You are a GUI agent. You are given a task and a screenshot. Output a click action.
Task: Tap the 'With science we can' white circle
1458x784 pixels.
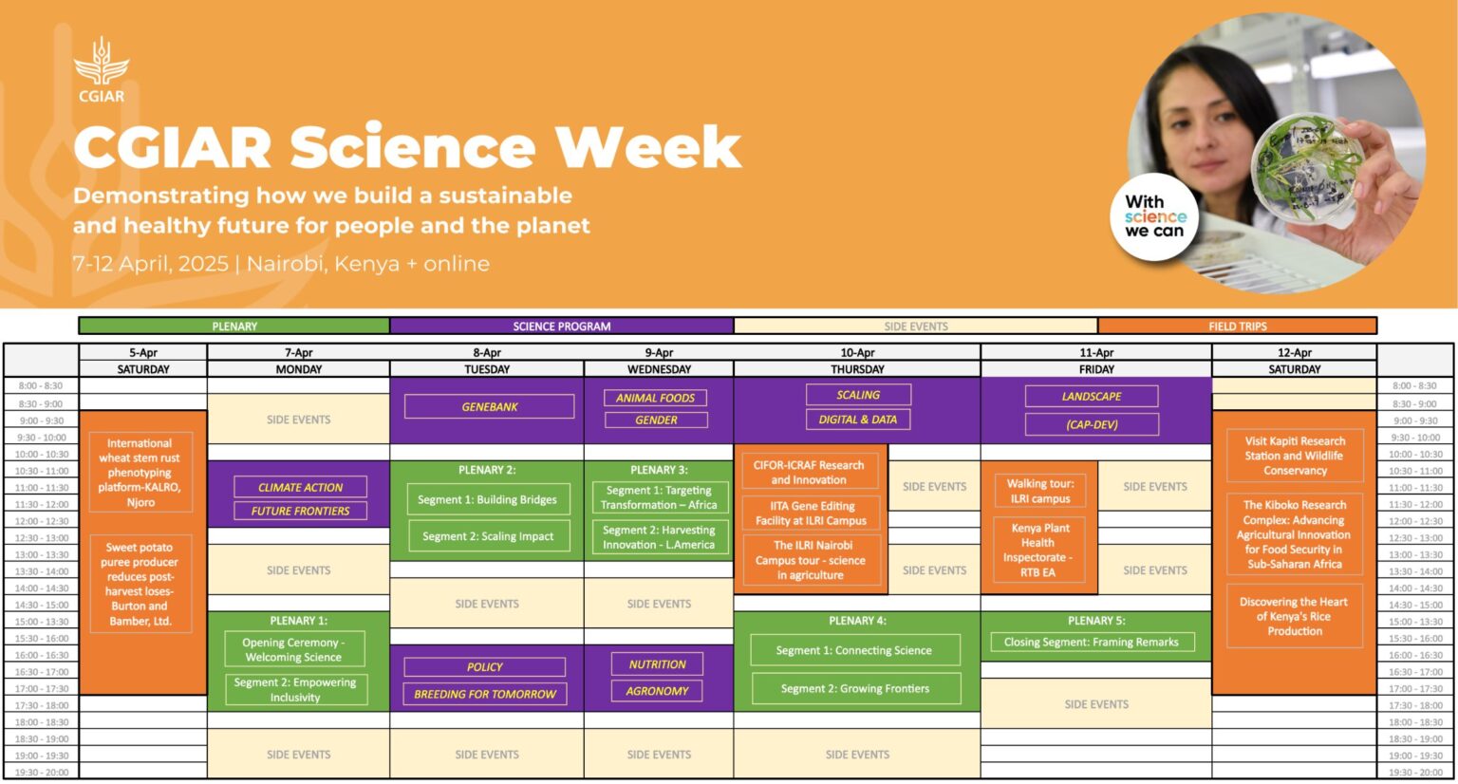click(1154, 216)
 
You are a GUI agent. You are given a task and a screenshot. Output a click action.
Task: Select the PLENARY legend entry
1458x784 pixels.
click(234, 327)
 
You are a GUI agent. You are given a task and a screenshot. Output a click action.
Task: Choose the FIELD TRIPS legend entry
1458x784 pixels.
click(1237, 327)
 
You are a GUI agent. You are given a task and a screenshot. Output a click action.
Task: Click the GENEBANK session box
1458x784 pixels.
click(489, 407)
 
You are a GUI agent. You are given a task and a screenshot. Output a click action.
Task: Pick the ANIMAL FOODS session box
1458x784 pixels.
click(656, 398)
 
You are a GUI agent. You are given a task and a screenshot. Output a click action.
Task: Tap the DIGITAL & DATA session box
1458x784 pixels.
click(857, 420)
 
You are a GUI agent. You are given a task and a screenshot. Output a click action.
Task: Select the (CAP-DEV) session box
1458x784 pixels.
click(1092, 424)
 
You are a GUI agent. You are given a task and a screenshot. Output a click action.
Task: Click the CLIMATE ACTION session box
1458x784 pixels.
click(300, 487)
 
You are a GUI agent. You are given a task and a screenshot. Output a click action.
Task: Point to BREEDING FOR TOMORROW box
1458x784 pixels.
click(484, 694)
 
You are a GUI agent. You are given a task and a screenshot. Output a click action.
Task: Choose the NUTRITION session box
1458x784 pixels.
click(657, 664)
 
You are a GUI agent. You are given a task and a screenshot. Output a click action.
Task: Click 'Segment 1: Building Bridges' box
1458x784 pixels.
click(487, 499)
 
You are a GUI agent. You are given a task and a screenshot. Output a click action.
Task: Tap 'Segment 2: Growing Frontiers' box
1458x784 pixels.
click(855, 688)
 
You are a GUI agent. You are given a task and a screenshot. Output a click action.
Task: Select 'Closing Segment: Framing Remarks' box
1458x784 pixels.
click(1091, 643)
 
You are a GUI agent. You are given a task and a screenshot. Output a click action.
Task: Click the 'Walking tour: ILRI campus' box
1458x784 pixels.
click(1040, 491)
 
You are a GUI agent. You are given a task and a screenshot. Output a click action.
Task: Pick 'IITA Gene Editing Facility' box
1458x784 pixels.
click(811, 513)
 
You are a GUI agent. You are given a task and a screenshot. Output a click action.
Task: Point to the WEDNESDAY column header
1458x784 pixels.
click(659, 369)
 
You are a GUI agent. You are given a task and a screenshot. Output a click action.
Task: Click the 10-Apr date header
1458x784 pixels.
click(857, 352)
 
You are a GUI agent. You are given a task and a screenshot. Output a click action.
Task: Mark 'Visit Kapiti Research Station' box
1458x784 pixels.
click(1295, 456)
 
